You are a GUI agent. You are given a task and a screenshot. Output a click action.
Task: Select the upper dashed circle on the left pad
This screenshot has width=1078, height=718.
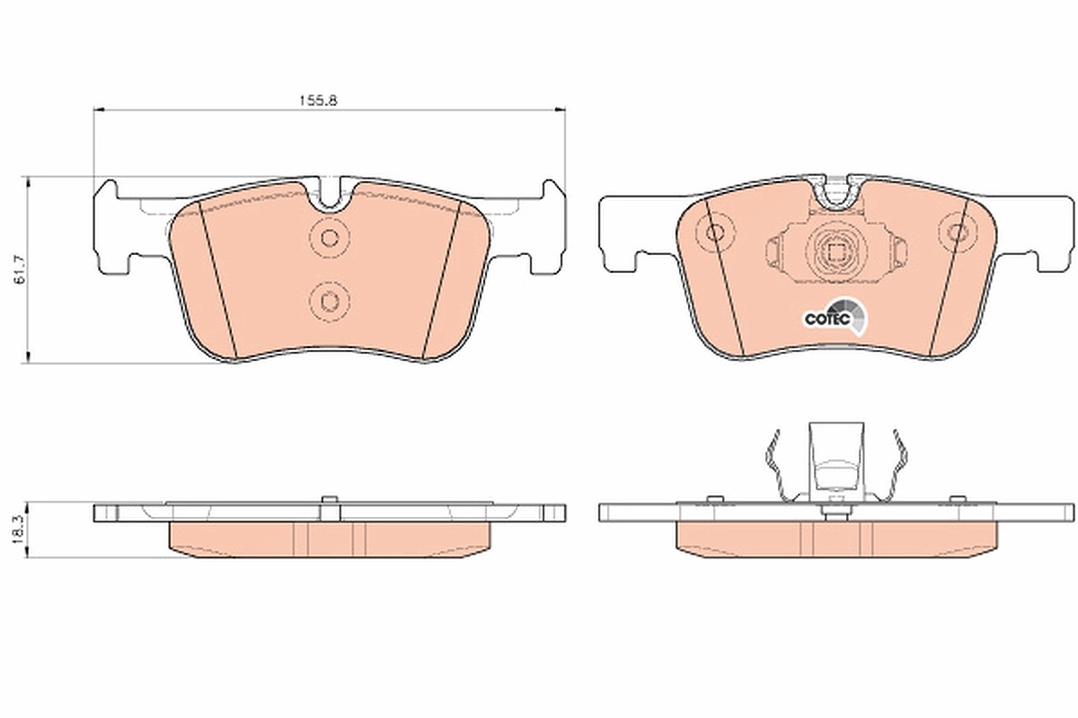pyautogui.click(x=330, y=238)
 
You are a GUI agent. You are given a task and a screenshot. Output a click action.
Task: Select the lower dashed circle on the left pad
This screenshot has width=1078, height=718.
pyautogui.click(x=330, y=302)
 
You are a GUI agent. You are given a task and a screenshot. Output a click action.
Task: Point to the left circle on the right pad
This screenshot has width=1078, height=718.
pyautogui.click(x=715, y=233)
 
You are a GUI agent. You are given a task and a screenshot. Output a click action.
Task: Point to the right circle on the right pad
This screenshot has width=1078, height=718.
pyautogui.click(x=957, y=232)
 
